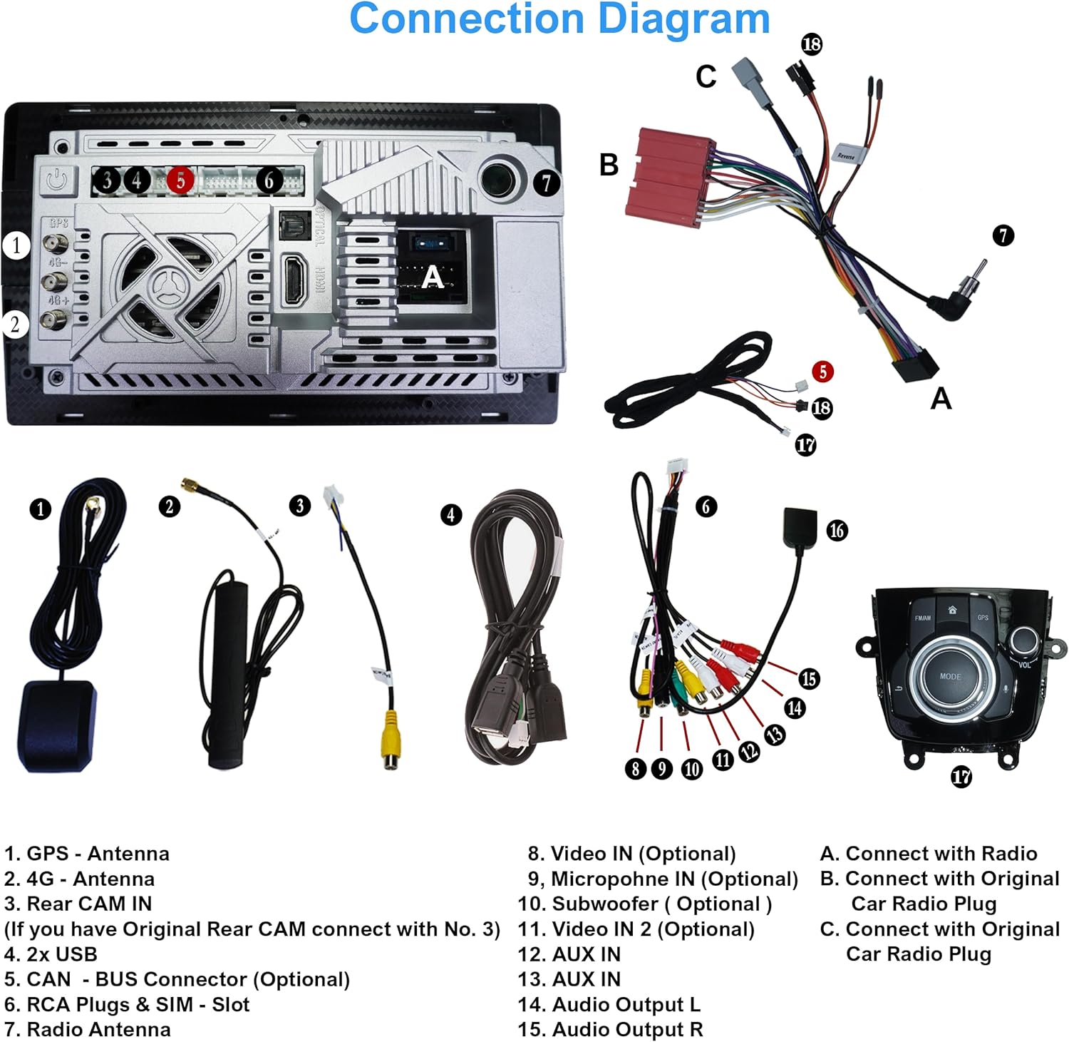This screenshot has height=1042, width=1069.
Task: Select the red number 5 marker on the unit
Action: tap(180, 180)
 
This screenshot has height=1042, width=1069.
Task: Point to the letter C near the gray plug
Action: tap(706, 76)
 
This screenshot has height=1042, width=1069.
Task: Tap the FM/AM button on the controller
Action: tap(922, 617)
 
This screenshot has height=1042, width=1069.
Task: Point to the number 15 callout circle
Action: tap(809, 678)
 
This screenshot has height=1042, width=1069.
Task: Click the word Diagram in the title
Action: tap(683, 19)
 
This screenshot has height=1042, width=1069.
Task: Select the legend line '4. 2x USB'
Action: tap(51, 954)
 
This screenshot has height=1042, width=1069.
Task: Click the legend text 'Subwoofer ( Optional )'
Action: tap(661, 904)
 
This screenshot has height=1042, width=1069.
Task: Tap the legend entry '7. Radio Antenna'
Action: tap(88, 1029)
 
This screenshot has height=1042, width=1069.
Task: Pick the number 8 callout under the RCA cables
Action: tap(636, 768)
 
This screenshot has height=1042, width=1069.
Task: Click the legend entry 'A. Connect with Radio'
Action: tap(928, 853)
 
